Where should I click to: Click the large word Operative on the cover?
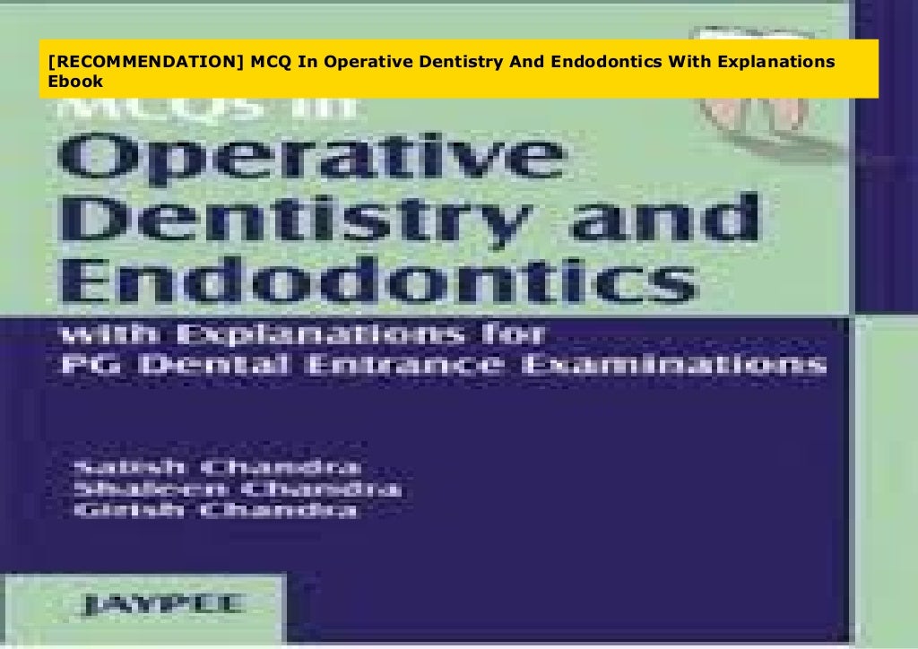click(x=309, y=160)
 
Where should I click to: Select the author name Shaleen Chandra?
click(x=238, y=489)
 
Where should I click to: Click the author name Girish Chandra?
click(x=215, y=512)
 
